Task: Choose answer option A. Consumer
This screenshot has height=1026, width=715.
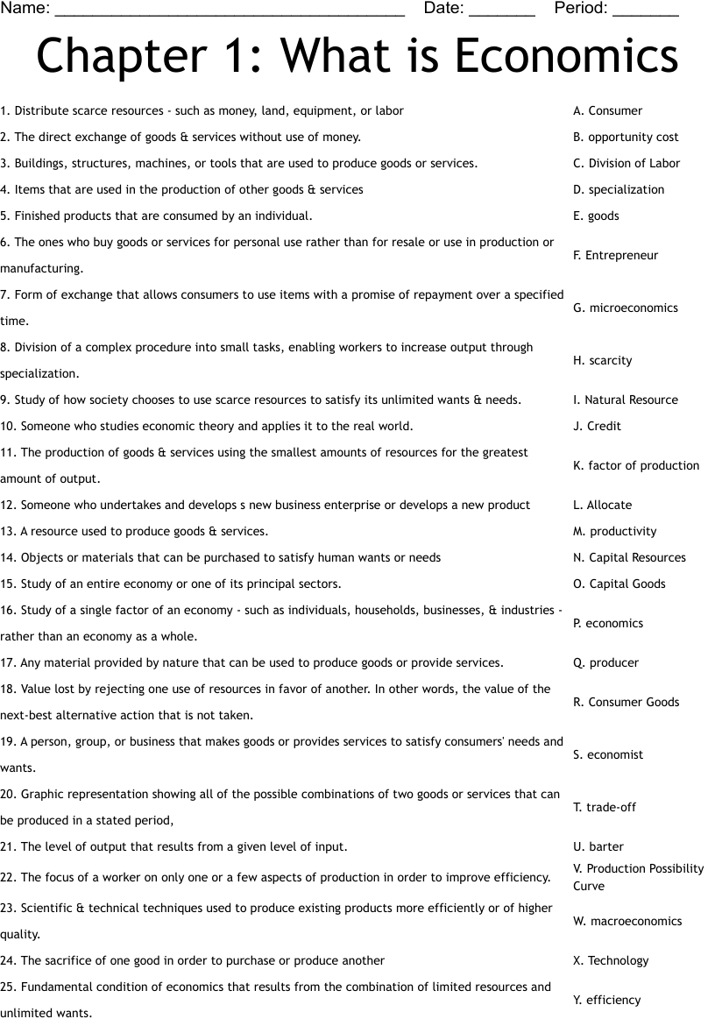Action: coord(607,111)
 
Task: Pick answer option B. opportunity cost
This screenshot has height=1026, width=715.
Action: coord(626,138)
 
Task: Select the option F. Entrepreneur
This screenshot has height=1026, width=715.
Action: coord(615,256)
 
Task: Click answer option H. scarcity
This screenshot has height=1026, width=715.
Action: coord(602,361)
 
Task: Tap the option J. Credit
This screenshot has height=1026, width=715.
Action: coord(597,427)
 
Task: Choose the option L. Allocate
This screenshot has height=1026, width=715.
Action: coord(602,506)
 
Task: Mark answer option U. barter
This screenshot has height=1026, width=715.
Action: coord(598,847)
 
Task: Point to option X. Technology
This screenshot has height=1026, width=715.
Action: coord(611,961)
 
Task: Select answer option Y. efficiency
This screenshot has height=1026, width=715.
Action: coord(606,1001)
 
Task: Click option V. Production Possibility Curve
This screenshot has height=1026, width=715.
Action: coord(638,877)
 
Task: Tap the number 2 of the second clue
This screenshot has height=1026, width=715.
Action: coord(4,138)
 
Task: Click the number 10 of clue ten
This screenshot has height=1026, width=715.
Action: coord(8,427)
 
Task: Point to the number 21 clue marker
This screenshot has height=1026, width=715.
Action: coord(8,847)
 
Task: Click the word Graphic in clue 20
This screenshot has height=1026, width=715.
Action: coord(42,795)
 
